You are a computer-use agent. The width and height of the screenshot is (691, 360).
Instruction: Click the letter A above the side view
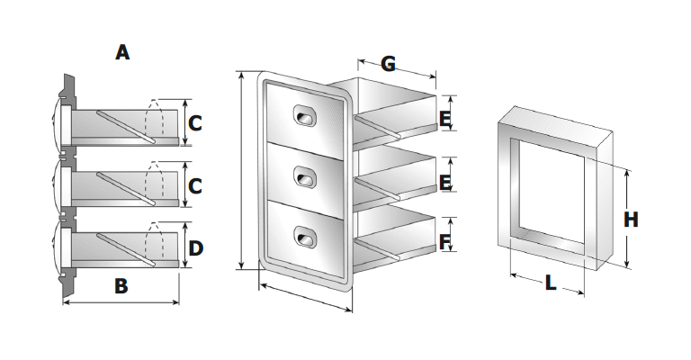point(122,52)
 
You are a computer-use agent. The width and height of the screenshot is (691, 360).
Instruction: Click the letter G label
point(388,63)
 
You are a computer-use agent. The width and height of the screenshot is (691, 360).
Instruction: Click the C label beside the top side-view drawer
point(195,123)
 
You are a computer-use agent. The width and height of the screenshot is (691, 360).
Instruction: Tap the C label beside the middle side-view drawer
point(195,186)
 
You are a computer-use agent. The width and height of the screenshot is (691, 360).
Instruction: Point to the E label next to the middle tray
point(444,182)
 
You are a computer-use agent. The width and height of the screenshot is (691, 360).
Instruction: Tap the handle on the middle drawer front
point(305,178)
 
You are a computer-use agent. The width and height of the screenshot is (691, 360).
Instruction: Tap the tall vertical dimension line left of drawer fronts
point(241,171)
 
